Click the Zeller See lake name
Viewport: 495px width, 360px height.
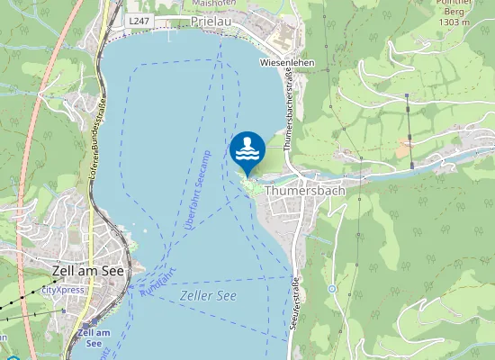(207, 295)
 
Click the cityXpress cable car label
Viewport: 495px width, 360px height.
(62, 291)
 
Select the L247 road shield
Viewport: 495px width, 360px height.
(138, 20)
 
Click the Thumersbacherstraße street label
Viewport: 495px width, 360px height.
(290, 108)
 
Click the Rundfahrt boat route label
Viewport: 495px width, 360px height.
(157, 282)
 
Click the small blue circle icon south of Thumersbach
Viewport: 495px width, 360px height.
(332, 288)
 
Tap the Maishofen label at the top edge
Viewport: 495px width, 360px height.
(214, 4)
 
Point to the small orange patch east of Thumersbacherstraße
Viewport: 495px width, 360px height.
(404, 144)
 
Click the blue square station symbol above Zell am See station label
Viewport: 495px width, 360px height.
(88, 323)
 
